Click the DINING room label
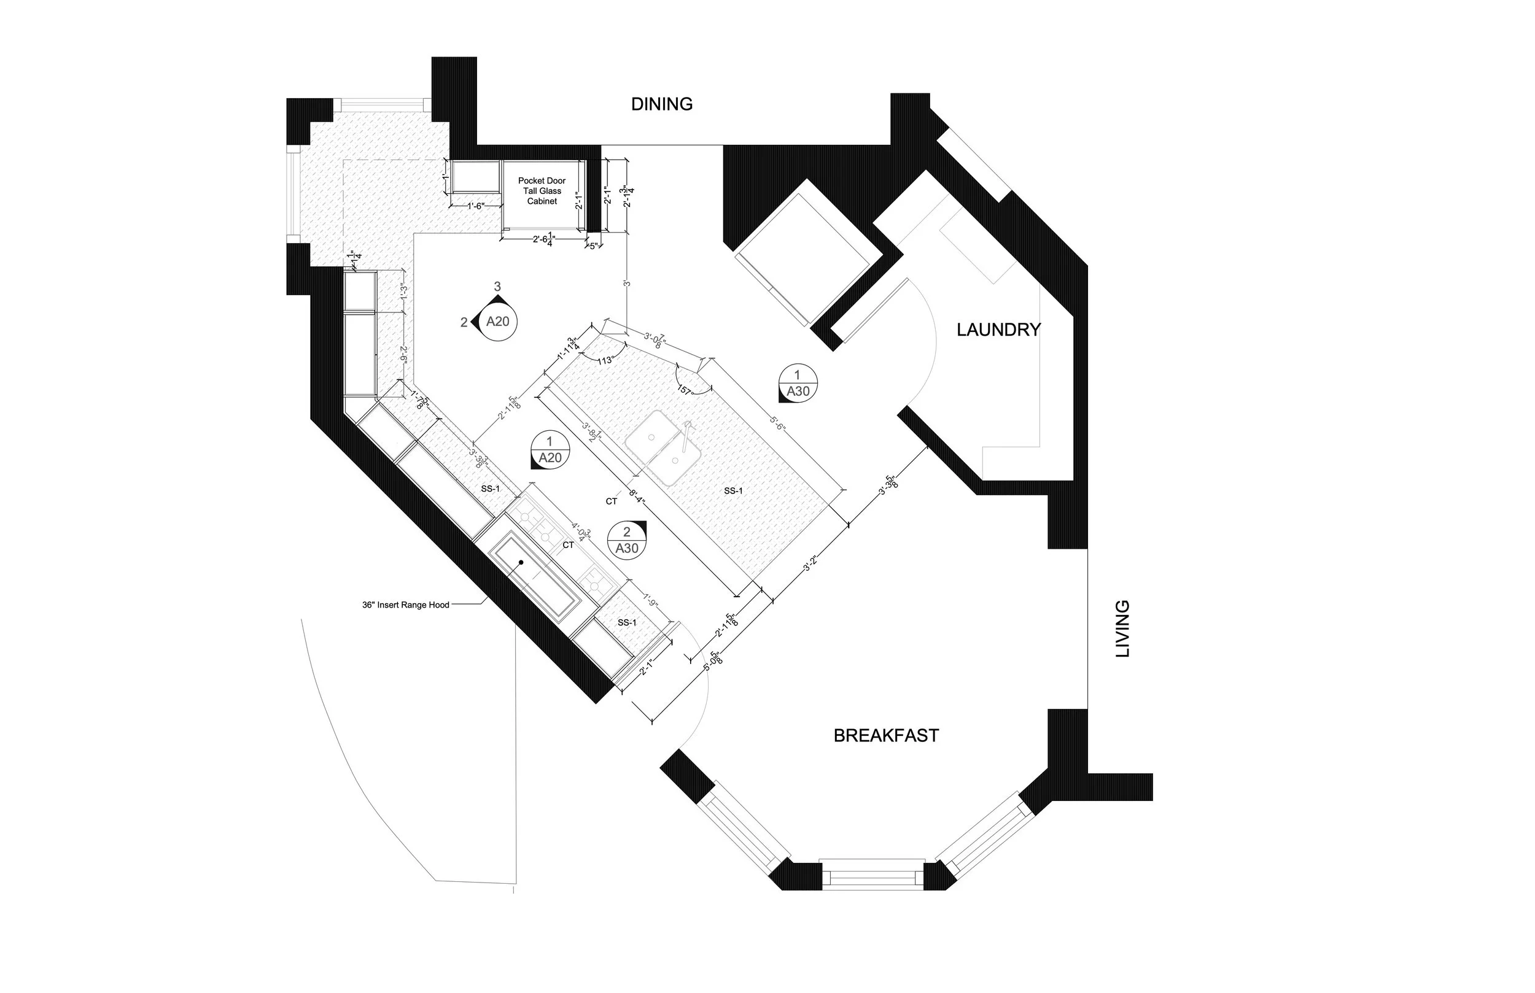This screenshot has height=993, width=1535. [661, 104]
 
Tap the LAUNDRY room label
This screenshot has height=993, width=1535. [998, 330]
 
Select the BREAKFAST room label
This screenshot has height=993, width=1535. [885, 736]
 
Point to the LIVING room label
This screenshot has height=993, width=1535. [1123, 628]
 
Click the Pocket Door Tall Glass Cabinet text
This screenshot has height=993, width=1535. [542, 191]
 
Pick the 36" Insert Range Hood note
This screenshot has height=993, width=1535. [405, 606]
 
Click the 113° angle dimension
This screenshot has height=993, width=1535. [604, 361]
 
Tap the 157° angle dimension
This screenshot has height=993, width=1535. [684, 390]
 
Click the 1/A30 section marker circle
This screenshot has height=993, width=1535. [798, 383]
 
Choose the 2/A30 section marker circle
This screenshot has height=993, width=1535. [627, 539]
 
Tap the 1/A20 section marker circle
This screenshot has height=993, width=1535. [550, 449]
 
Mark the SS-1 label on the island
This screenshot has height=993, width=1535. [733, 491]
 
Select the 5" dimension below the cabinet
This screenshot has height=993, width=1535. [593, 245]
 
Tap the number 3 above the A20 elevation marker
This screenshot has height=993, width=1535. [497, 285]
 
